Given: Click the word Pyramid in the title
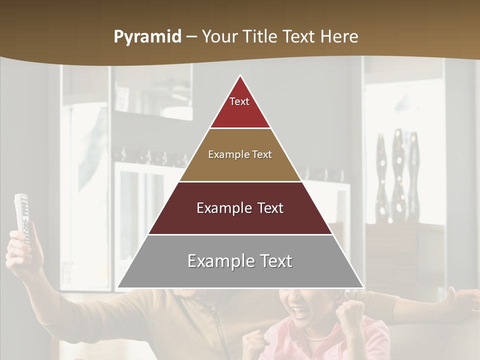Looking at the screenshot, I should [147, 37].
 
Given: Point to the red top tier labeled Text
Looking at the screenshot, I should [240, 108].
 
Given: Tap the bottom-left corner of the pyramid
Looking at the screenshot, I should [118, 287].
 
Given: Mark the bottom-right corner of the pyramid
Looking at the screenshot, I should [363, 287].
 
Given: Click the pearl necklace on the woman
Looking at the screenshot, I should [315, 338].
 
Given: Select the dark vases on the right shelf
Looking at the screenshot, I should [397, 175].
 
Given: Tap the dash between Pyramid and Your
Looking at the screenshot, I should [191, 37].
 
